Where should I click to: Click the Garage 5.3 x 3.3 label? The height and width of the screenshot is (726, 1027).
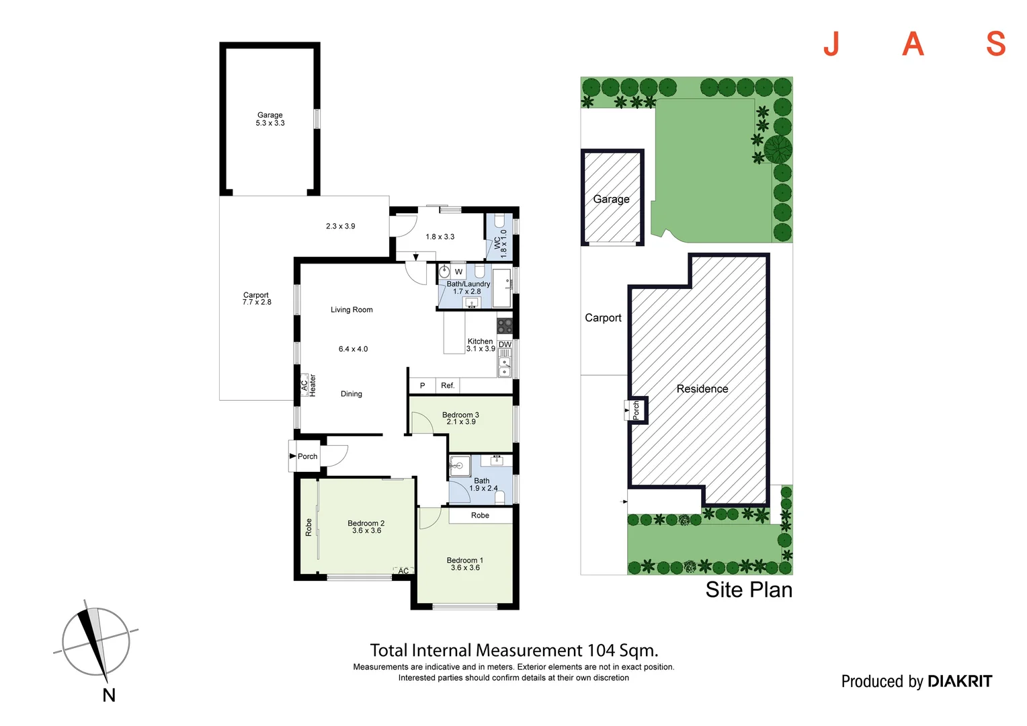[270, 119]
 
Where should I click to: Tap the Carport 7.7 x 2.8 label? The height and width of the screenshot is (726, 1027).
[257, 298]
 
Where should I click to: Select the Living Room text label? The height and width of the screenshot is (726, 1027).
[352, 310]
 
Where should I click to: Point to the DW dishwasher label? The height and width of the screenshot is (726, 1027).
[505, 344]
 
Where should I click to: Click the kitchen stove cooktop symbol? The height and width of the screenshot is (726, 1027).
[505, 326]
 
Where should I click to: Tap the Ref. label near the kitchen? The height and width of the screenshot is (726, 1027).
[448, 386]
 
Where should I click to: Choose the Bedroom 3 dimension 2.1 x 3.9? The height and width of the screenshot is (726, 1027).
[461, 422]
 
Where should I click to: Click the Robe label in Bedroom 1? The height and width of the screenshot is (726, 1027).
[480, 516]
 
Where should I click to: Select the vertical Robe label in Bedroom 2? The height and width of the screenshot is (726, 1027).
[309, 527]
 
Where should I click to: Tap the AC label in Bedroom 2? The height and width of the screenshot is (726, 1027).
[403, 571]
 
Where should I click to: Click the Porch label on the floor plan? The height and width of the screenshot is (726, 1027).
[307, 456]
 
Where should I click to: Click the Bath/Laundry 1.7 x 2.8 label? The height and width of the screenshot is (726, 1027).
[468, 288]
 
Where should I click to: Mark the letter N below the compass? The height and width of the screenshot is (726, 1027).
[109, 695]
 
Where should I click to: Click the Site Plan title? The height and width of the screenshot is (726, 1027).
[749, 590]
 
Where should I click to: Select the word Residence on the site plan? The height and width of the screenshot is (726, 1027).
[702, 389]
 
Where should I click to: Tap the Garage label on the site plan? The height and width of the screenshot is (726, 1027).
[611, 199]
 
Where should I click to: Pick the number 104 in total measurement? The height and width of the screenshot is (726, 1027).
[601, 650]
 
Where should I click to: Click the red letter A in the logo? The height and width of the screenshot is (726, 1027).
[913, 44]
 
